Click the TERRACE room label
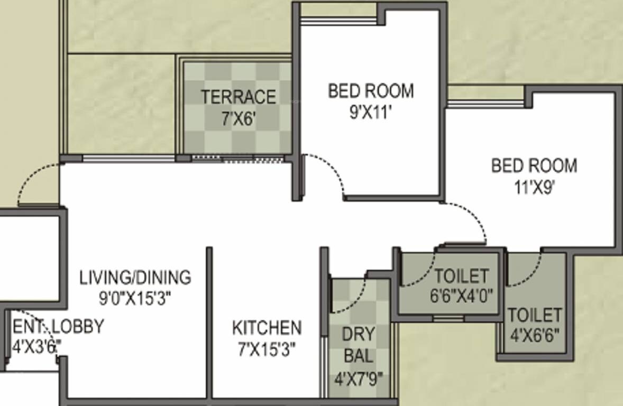(238, 97)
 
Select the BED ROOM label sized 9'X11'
(371, 91)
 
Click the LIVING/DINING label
(135, 277)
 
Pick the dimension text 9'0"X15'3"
(135, 299)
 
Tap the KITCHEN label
(267, 328)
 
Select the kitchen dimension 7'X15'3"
(267, 349)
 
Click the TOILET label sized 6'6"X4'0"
(461, 276)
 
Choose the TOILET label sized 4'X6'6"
(534, 315)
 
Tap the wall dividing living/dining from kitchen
(209, 322)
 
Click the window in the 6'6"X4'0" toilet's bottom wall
(448, 318)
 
